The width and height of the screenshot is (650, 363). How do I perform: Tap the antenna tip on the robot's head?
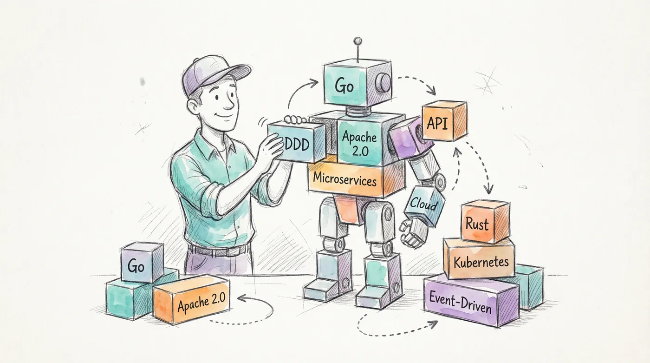[x=357, y=41]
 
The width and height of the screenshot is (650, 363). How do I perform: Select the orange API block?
[x=443, y=121]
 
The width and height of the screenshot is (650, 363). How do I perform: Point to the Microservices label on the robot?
[x=344, y=179]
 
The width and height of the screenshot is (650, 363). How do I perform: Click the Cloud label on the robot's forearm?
[x=423, y=204]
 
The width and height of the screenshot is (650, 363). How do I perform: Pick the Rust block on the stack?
[x=478, y=224]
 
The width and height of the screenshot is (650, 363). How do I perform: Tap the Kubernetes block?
[x=481, y=262]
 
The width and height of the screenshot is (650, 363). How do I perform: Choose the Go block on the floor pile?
[x=136, y=267]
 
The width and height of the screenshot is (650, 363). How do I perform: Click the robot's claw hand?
[x=413, y=233]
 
